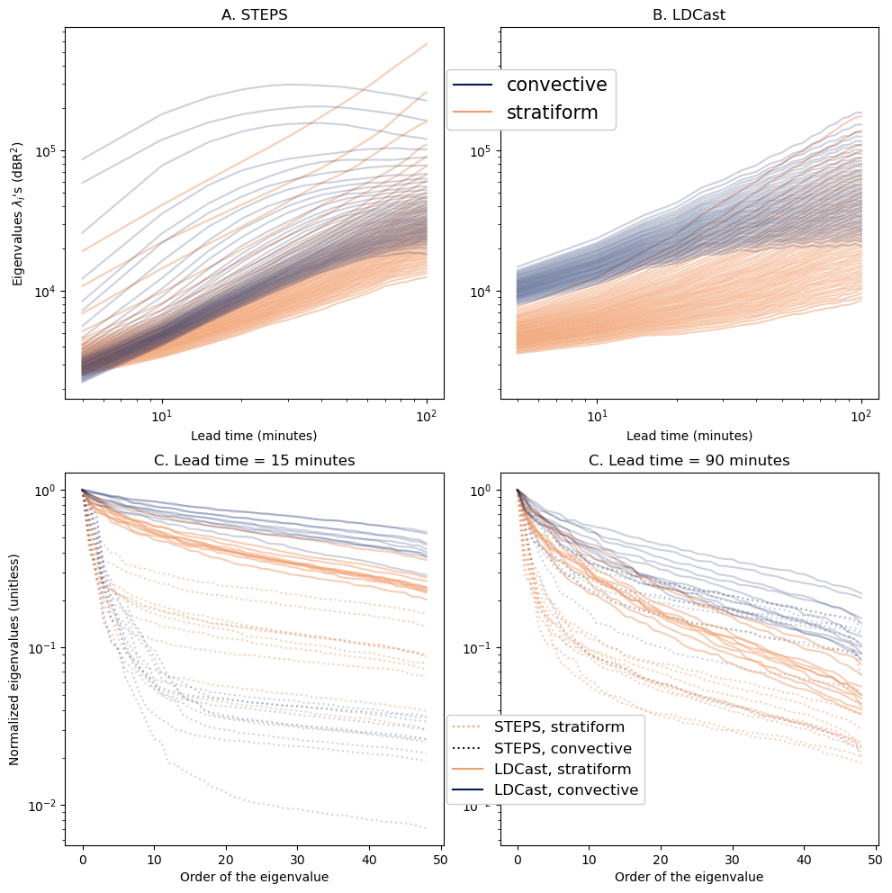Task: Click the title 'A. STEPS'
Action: tap(254, 14)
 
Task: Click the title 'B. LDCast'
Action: tap(689, 14)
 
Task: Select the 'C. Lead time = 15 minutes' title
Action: tap(254, 460)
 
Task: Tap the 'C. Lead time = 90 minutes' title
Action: tap(689, 460)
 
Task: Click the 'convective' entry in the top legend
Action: tap(556, 85)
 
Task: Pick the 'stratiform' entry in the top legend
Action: tap(550, 113)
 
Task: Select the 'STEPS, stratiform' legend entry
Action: tap(572, 726)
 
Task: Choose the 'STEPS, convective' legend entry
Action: tap(575, 748)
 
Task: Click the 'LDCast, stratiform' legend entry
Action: tap(574, 769)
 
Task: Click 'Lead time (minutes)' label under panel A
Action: tap(254, 436)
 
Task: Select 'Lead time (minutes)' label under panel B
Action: tap(689, 436)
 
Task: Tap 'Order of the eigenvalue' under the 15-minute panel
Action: tap(254, 876)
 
